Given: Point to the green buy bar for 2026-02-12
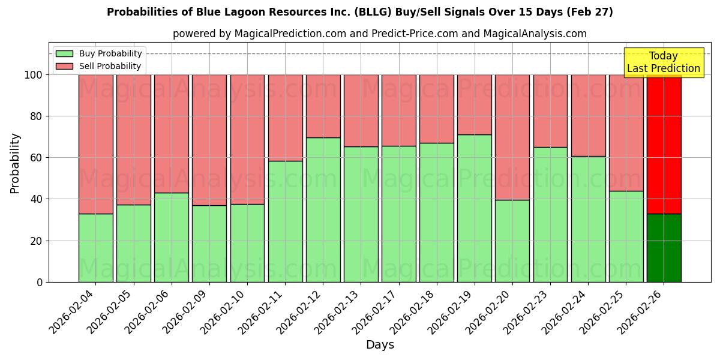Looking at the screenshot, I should tap(323, 210).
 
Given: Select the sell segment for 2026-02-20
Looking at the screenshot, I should tap(512, 137).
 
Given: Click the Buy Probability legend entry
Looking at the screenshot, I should tap(98, 53).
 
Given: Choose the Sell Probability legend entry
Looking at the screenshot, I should tap(98, 66).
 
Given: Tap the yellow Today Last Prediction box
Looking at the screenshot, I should tap(664, 62).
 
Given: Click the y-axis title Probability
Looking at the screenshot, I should tap(15, 163).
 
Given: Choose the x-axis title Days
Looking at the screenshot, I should tap(380, 345).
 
